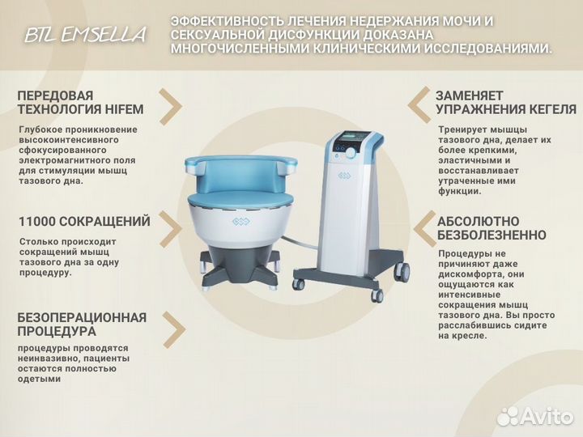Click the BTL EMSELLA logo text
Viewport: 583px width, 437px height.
pos(85,35)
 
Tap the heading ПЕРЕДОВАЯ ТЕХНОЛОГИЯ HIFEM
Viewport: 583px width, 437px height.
pos(66,103)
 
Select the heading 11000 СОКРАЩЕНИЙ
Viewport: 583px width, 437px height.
pos(84,221)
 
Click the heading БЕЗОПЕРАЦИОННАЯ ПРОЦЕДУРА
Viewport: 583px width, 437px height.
pos(82,324)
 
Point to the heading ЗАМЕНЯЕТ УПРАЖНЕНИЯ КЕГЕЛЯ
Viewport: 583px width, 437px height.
pos(494,103)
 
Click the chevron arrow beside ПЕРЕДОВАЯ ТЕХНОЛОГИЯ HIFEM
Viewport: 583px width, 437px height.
pos(170,104)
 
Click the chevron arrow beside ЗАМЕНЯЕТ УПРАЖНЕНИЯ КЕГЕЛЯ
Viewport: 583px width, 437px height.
pos(418,104)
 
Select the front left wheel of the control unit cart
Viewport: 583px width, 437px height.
pos(299,284)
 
